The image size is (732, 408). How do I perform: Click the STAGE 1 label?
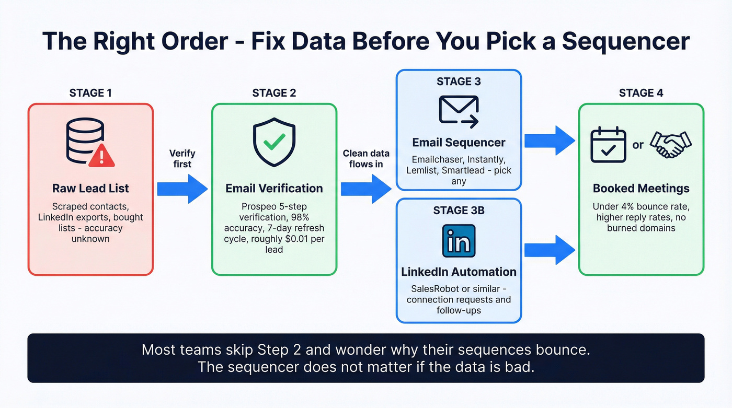[90, 93]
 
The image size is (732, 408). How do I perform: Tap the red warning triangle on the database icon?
[102, 155]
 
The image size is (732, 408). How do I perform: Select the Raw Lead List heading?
[90, 189]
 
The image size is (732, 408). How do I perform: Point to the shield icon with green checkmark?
[274, 141]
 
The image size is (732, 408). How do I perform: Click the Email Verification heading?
[274, 189]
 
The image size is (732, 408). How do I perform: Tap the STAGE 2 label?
[274, 93]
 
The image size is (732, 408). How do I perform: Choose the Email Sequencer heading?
[459, 142]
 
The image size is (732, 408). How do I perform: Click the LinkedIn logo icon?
[459, 241]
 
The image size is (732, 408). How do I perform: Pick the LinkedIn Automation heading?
[459, 272]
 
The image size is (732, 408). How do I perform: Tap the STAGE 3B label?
[459, 211]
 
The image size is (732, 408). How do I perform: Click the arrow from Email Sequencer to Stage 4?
[550, 141]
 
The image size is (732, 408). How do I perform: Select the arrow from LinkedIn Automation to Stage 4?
[550, 250]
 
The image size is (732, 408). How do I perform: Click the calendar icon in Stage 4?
[608, 144]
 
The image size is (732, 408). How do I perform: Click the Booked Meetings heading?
[641, 189]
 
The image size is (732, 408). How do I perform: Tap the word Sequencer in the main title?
[626, 41]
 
